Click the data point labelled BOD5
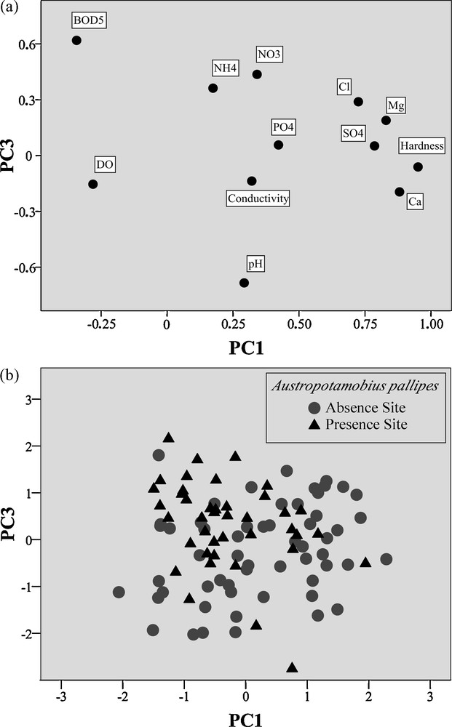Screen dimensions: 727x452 76,40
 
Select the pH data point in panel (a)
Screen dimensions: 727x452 244,283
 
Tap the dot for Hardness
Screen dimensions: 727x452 418,166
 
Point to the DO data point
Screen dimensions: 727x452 93,184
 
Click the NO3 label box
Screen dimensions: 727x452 269,55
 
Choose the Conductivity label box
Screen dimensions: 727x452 258,198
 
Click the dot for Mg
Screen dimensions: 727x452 386,120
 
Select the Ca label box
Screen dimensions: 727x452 414,201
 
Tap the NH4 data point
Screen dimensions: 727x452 213,88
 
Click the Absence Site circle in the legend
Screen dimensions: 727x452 314,407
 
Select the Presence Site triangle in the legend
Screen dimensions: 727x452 314,424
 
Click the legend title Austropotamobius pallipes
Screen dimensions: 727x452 355,386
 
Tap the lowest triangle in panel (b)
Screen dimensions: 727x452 292,667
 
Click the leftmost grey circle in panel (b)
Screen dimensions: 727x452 119,592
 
